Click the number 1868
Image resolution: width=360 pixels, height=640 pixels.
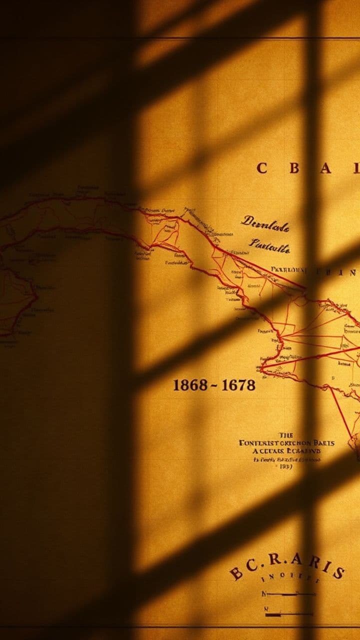(x=190, y=385)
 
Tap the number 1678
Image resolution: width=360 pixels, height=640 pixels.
(x=238, y=385)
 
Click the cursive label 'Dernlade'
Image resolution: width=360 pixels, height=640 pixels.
(x=265, y=224)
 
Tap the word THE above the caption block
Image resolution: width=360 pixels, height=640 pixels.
(x=286, y=435)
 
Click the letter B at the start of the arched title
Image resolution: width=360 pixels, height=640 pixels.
(x=236, y=573)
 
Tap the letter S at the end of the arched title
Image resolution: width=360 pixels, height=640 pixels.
(x=338, y=572)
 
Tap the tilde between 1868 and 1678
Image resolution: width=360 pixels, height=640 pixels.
(x=213, y=385)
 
